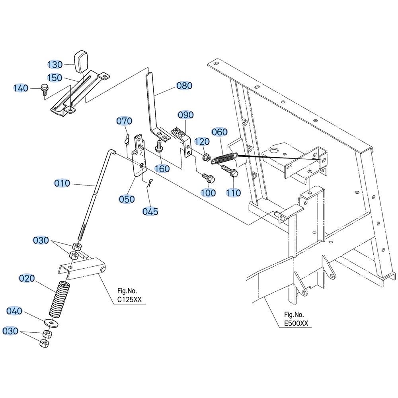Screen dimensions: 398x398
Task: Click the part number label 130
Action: coord(55,64)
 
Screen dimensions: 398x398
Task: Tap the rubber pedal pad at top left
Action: coord(81,62)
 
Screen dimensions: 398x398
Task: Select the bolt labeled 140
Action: coord(45,90)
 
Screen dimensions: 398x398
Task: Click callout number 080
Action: coord(184,86)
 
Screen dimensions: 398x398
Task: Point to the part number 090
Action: coord(185,115)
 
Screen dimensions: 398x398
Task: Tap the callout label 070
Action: coord(124,121)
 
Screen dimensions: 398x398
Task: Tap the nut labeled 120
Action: coord(206,157)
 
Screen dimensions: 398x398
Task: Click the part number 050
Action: coord(127,199)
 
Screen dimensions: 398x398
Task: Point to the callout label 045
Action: coord(150,211)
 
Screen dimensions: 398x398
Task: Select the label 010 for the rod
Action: coord(62,183)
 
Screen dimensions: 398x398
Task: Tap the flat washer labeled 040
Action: coord(51,322)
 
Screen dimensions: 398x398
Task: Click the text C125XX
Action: coord(129,300)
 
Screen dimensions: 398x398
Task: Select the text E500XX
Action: coord(296,323)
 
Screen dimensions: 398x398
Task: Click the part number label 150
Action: coord(55,78)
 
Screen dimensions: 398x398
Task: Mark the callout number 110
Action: coord(233,193)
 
